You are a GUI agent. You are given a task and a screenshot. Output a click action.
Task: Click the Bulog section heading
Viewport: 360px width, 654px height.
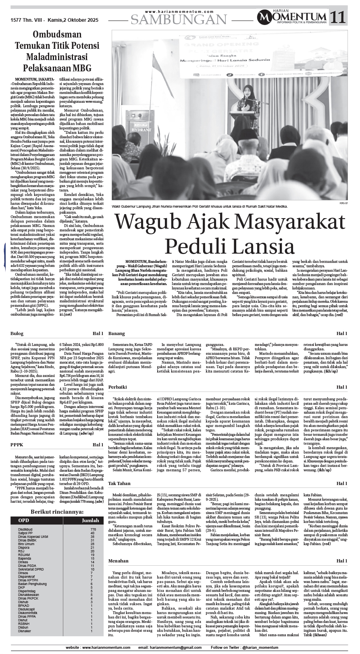pyautogui.click(x=17, y=334)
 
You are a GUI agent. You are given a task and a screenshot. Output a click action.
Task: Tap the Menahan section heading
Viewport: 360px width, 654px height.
pyautogui.click(x=118, y=561)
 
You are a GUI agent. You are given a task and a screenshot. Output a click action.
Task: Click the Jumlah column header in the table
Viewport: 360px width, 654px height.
pyautogui.click(x=90, y=521)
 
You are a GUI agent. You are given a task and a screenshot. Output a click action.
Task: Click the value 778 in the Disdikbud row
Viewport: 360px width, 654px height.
pyautogui.click(x=93, y=529)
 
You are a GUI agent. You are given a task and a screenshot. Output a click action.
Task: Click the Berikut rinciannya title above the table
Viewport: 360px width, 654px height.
pyautogui.click(x=57, y=512)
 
